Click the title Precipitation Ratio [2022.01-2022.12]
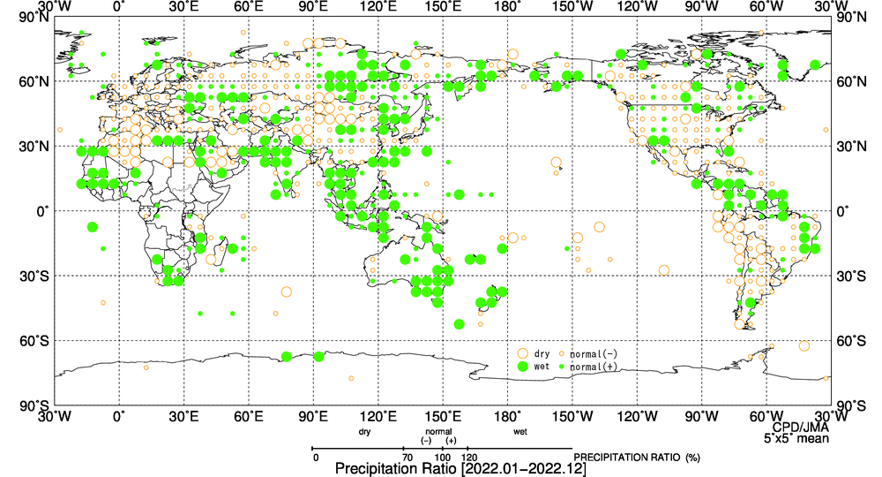click(x=460, y=468)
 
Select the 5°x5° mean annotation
click(x=796, y=436)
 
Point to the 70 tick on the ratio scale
click(x=407, y=457)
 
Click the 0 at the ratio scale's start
click(x=315, y=457)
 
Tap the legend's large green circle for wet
click(x=522, y=366)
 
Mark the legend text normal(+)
click(x=594, y=366)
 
